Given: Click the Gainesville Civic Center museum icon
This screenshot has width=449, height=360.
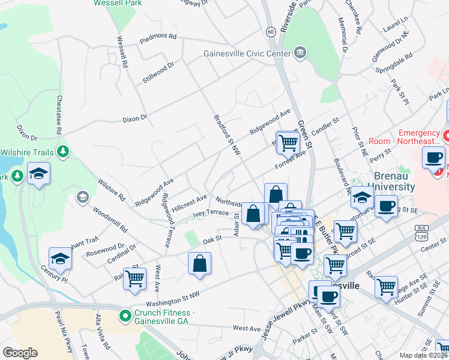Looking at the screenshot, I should point(300,53).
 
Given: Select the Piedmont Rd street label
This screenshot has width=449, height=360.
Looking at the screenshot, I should point(158,37).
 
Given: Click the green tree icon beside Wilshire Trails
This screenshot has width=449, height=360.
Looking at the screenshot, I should point(62,152).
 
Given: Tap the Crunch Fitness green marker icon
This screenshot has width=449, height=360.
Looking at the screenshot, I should point(125,315).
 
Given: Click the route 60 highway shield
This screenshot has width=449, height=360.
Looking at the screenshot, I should point(271,31).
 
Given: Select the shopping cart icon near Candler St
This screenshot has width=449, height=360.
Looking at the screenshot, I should point(288,142).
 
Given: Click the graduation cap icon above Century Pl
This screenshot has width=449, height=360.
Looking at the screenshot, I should point(60,258).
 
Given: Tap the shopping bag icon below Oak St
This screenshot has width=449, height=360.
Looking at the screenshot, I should point(199,263).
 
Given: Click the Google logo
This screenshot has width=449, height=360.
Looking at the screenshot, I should point(20,353).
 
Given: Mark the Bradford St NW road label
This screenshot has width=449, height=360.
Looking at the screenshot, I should point(227,134).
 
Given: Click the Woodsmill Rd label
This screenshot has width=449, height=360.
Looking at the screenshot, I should point(109,220).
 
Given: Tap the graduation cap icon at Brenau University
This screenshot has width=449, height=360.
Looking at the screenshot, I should point(362,196).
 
